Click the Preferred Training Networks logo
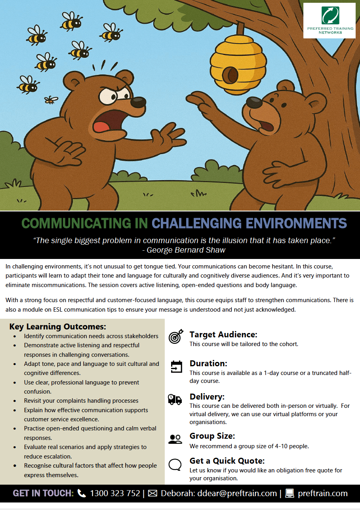pos(329,20)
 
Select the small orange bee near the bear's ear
pos(51,100)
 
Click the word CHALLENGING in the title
pos(197,223)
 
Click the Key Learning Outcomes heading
pos(58,327)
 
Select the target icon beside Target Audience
pos(175,337)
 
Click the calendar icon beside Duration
pos(176,367)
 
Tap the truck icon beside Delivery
pos(175,399)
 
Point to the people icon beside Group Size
pos(175,439)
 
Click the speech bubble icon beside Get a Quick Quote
pos(175,464)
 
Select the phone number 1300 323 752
pos(115,493)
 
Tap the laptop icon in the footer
pos(290,493)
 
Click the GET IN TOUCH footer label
pos(43,493)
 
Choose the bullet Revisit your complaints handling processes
pos(81,401)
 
